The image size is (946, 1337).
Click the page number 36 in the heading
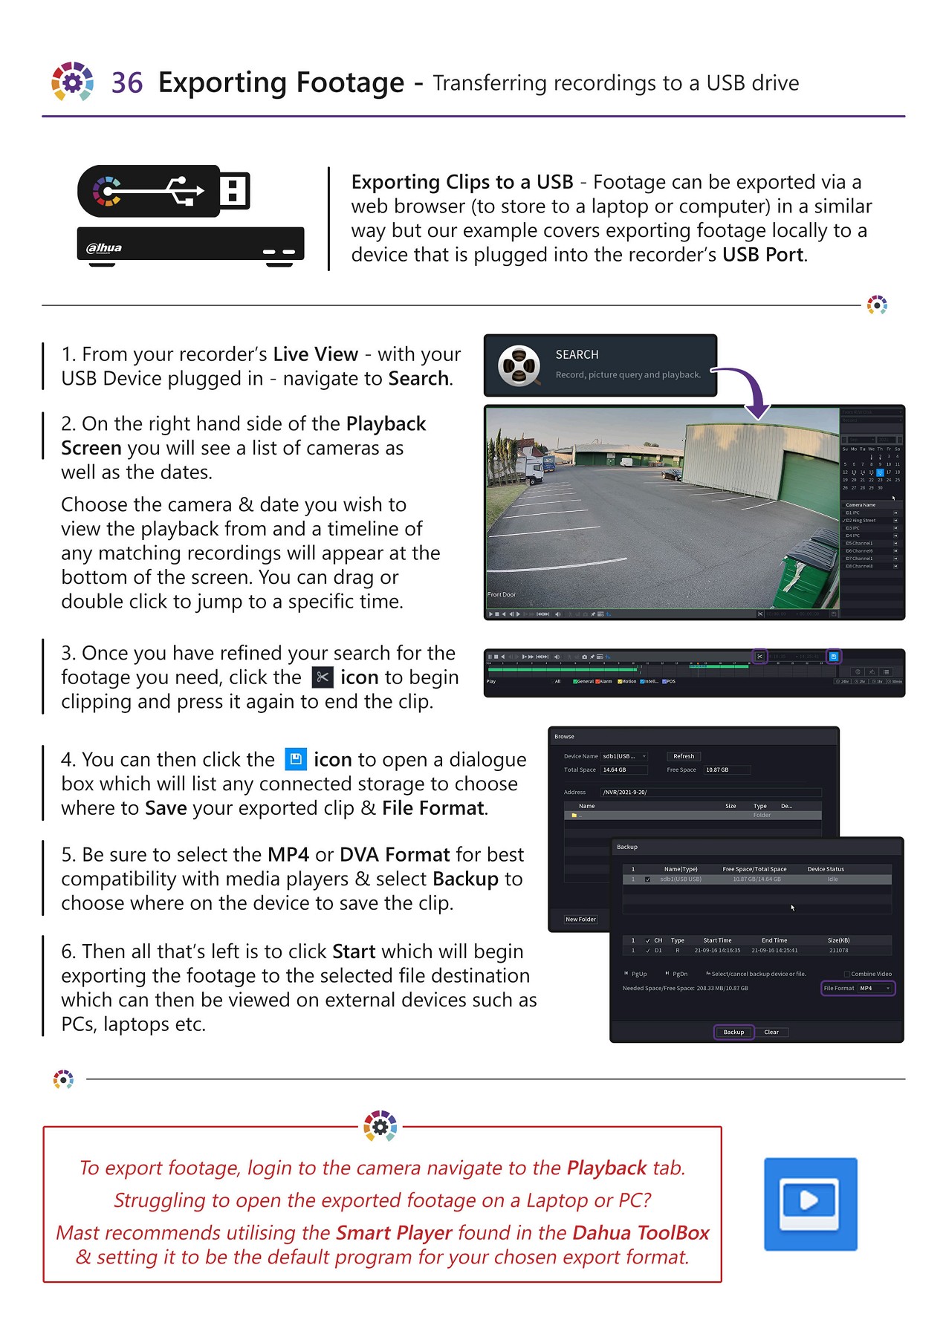pyautogui.click(x=126, y=82)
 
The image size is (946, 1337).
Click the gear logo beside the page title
pyautogui.click(x=72, y=81)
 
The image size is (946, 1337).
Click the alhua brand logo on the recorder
pyautogui.click(x=104, y=247)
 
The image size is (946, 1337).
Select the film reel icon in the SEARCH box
pyautogui.click(x=519, y=365)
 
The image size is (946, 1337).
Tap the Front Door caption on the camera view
pyautogui.click(x=502, y=594)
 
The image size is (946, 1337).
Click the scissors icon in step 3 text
pyautogui.click(x=322, y=677)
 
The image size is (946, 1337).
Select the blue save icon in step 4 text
pyautogui.click(x=296, y=759)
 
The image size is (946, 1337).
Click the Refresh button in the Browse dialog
pyautogui.click(x=684, y=756)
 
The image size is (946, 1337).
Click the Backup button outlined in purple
pyautogui.click(x=733, y=1032)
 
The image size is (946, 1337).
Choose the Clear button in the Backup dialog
pyautogui.click(x=771, y=1032)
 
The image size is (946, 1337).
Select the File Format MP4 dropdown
pyautogui.click(x=875, y=988)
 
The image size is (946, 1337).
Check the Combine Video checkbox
pyautogui.click(x=846, y=974)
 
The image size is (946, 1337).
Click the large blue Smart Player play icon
pyautogui.click(x=810, y=1203)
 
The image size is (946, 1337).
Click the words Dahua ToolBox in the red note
pyautogui.click(x=641, y=1232)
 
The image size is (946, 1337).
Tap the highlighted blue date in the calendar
pyautogui.click(x=880, y=472)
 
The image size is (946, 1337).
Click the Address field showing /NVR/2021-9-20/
pyautogui.click(x=710, y=792)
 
